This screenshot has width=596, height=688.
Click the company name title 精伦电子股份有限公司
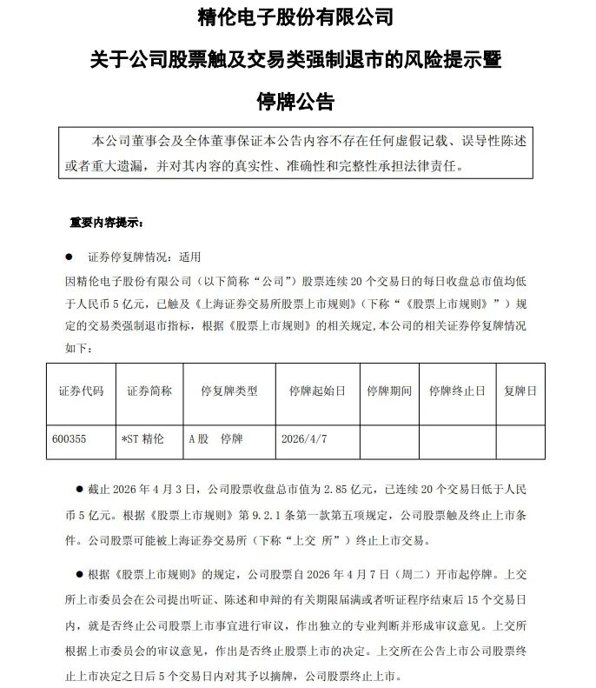[296, 17]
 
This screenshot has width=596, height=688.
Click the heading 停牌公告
[296, 100]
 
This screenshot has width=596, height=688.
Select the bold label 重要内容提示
[105, 222]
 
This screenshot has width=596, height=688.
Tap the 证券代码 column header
[80, 391]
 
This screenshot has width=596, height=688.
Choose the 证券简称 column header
[149, 391]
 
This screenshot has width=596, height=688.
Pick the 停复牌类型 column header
[228, 391]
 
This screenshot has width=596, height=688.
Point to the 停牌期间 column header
[388, 391]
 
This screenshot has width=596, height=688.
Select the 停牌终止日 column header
[457, 391]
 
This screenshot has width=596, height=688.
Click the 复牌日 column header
[520, 391]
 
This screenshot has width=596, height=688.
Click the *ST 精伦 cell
[142, 439]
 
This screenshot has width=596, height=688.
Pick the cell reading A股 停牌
[215, 439]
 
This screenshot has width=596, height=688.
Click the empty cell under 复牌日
[520, 439]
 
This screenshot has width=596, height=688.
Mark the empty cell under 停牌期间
[388, 439]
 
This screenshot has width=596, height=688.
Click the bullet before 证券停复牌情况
[69, 257]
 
